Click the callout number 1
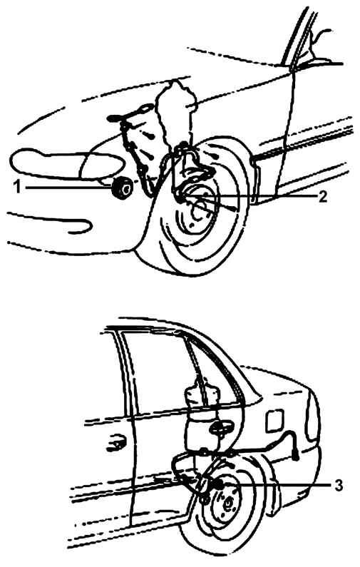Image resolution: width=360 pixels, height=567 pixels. click(x=16, y=188)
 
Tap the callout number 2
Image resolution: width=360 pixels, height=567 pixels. click(x=323, y=196)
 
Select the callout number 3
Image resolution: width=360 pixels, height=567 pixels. click(x=338, y=485)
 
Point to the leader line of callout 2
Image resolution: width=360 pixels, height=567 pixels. click(x=249, y=195)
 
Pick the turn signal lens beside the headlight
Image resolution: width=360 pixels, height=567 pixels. click(x=102, y=166)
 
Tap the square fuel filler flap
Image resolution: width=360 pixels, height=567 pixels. click(x=275, y=421)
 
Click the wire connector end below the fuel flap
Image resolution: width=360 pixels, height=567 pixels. click(x=296, y=457)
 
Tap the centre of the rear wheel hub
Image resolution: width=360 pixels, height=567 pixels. click(x=228, y=504)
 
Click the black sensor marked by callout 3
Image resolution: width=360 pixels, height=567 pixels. click(x=216, y=484)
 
